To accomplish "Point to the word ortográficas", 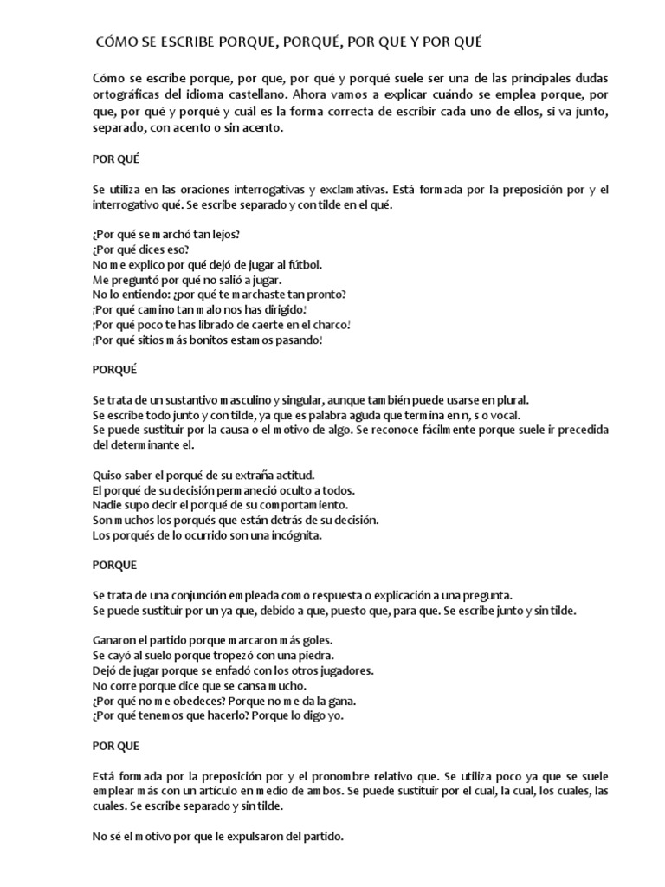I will [x=128, y=94].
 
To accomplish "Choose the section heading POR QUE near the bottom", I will [x=115, y=744].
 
